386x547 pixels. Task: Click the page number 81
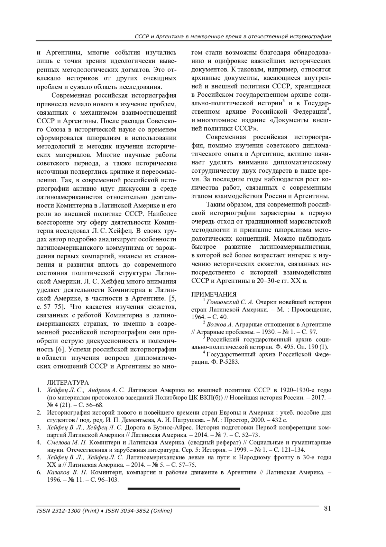click(x=327, y=508)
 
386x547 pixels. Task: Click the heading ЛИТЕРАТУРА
click(x=68, y=382)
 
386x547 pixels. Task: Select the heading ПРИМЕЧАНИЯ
click(x=214, y=294)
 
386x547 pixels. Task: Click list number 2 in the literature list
click(x=39, y=413)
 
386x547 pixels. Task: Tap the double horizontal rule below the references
click(x=184, y=489)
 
